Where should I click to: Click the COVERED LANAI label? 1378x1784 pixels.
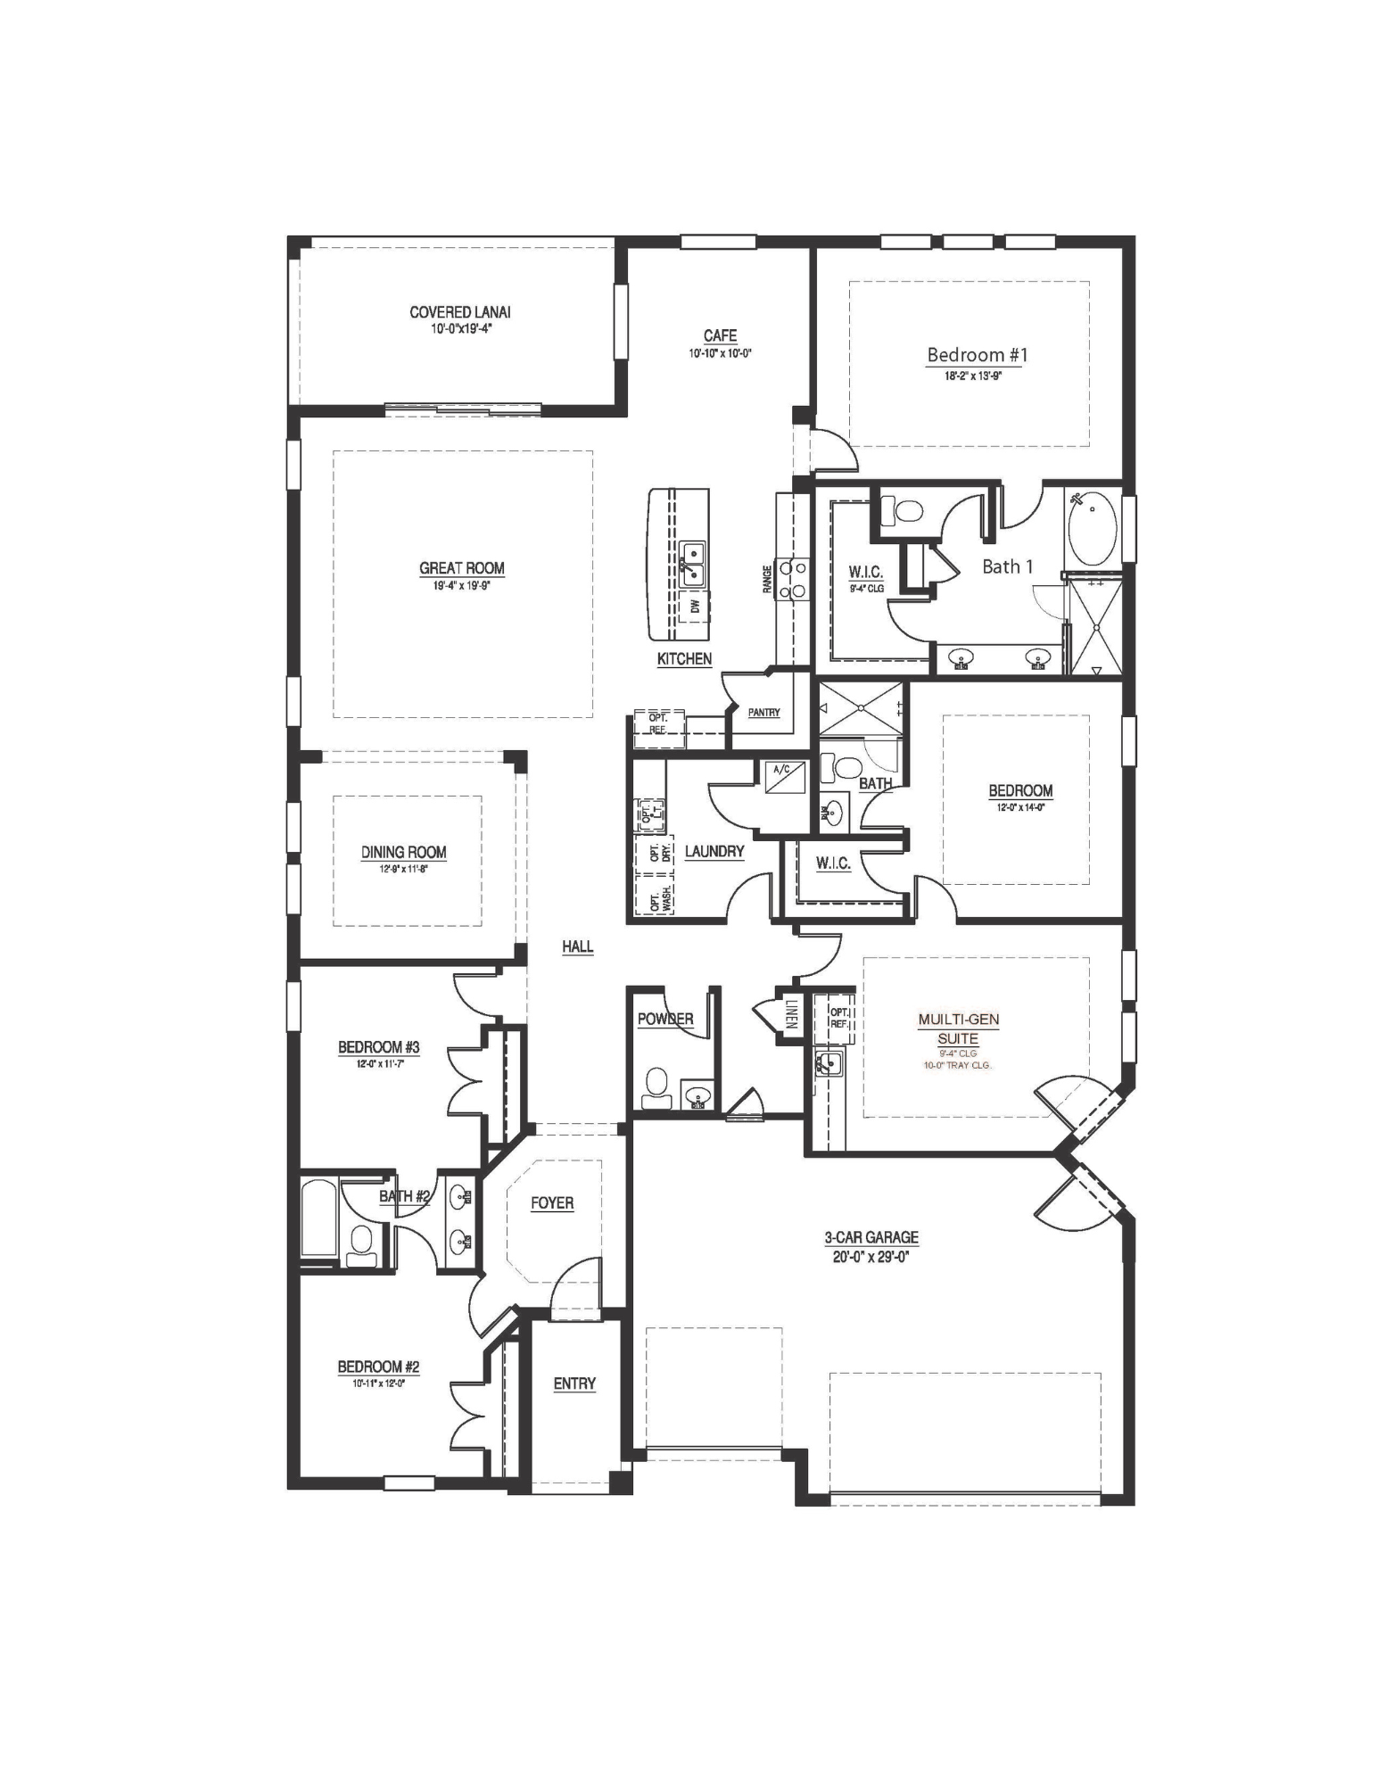pyautogui.click(x=459, y=312)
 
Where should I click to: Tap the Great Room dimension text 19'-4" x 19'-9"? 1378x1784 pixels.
pyautogui.click(x=461, y=586)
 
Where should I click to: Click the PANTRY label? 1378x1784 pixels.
pyautogui.click(x=763, y=713)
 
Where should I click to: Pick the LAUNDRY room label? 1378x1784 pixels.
pyautogui.click(x=714, y=852)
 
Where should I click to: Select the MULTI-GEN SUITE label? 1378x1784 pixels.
pyautogui.click(x=958, y=1028)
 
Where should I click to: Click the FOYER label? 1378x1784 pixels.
pyautogui.click(x=552, y=1203)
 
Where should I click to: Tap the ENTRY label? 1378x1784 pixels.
pyautogui.click(x=574, y=1383)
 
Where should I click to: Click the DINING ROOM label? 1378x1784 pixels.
pyautogui.click(x=403, y=852)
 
